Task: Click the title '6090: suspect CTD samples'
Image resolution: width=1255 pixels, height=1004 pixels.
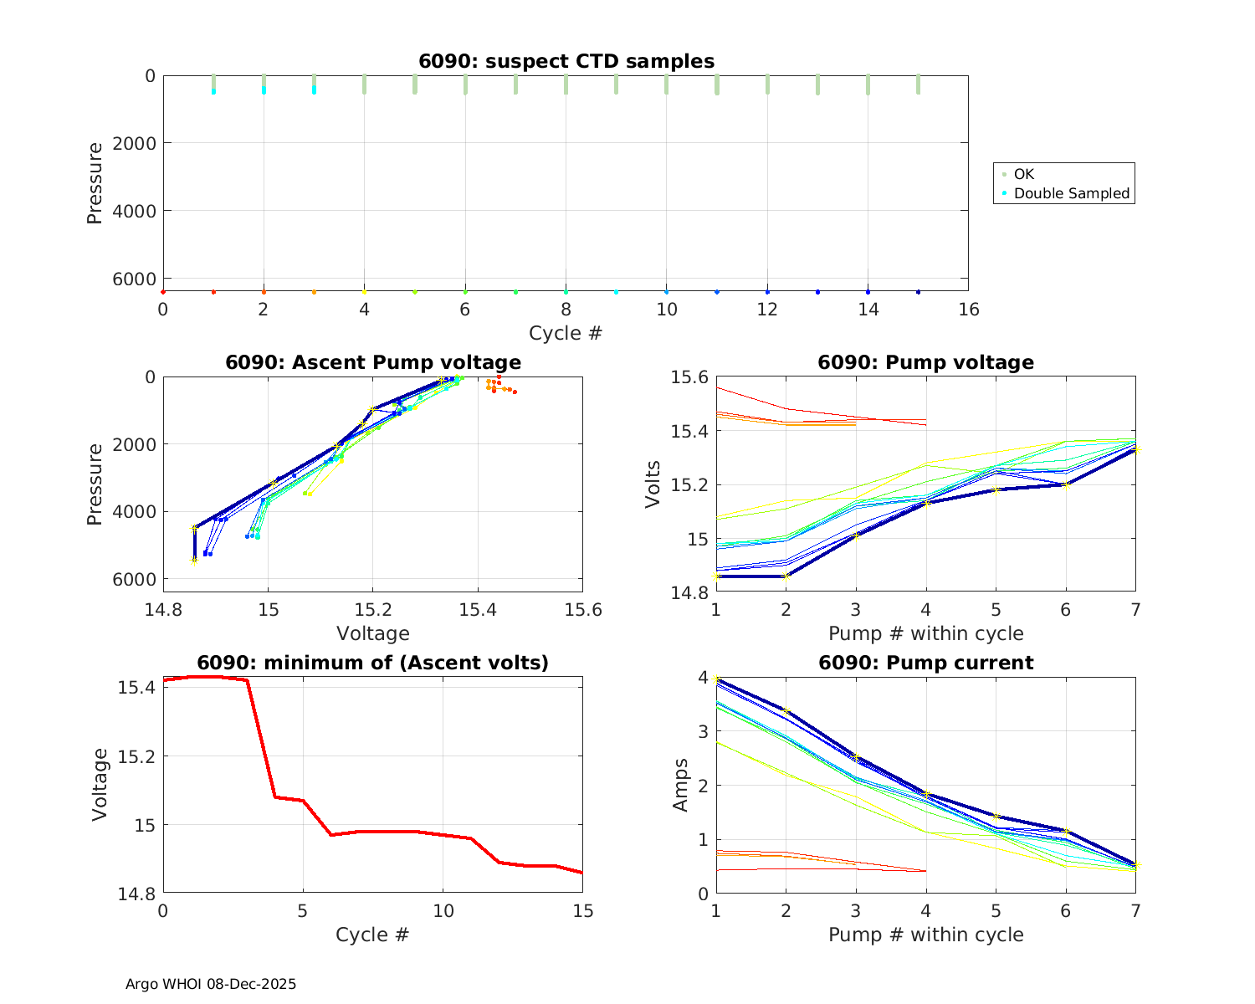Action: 566,61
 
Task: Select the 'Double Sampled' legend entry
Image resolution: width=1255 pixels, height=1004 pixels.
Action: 1072,193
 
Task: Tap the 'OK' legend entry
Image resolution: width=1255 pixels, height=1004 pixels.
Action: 1024,174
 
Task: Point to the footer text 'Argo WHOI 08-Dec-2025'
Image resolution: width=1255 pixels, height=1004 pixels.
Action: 211,984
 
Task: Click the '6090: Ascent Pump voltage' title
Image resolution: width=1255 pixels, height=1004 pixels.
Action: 373,362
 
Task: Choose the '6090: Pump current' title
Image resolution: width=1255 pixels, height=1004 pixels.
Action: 925,663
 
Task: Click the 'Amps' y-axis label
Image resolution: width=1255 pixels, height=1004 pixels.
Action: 682,785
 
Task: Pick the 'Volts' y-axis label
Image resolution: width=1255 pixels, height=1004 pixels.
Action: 653,484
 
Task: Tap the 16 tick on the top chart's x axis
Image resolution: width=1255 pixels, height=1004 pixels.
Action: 968,310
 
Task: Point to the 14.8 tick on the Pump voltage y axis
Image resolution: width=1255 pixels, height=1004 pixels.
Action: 689,592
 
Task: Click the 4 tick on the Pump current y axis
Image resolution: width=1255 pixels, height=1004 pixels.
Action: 703,677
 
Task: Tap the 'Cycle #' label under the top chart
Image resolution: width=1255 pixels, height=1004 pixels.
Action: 566,333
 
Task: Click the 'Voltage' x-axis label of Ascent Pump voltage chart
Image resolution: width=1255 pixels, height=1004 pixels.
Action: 373,633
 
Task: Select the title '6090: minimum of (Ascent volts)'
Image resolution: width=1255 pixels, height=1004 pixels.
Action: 373,663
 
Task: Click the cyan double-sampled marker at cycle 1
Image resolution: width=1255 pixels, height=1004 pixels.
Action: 213,90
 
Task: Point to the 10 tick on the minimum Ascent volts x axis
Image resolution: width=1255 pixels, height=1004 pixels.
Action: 443,910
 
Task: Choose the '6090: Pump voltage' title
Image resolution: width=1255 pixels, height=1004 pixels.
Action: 925,362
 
